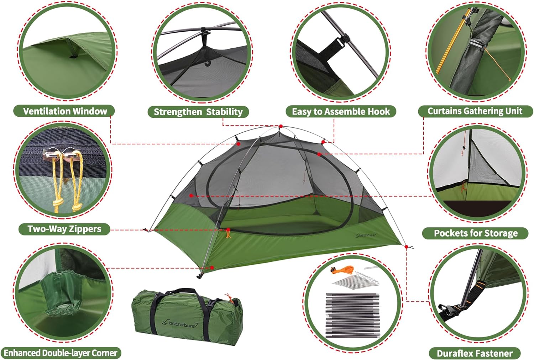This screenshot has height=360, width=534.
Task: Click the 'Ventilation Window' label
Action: point(65,111)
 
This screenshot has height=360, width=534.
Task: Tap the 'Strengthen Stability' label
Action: point(198,112)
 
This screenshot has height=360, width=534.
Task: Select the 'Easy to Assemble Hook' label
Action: point(341,111)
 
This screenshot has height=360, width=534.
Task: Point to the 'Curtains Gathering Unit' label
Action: point(475,111)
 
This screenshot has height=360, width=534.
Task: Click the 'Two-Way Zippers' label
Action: point(64,229)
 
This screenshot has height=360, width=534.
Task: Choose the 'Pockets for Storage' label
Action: point(476,233)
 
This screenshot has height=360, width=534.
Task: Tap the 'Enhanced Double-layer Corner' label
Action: point(61,353)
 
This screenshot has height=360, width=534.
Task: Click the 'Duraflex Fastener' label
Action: point(475,353)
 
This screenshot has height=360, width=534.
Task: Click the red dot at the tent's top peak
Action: point(281,126)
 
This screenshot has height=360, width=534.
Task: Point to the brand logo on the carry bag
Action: point(180,323)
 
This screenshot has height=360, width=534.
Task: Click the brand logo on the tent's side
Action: point(366,235)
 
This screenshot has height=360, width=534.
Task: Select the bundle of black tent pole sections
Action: point(352,315)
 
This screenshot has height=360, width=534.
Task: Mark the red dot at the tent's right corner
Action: point(407,247)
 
